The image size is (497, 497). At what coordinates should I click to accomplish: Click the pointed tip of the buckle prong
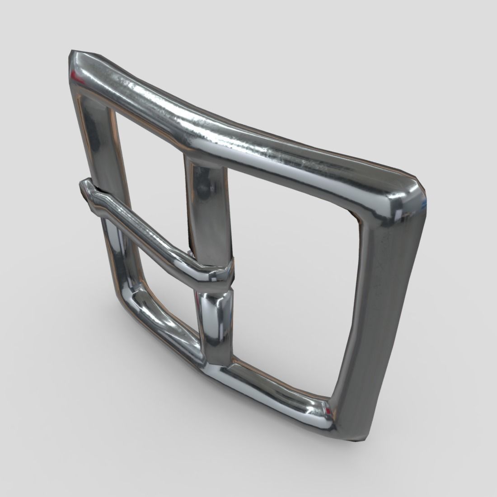point(85,185)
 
